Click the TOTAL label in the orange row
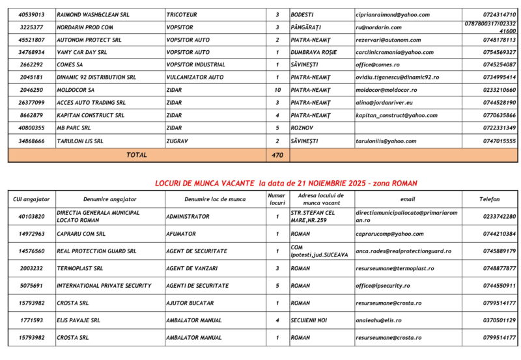tap(137, 155)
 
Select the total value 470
tap(277, 155)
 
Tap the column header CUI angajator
tap(32, 199)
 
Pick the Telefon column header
tap(490, 199)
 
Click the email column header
tap(407, 199)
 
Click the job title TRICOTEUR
tap(182, 14)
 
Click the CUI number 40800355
tap(32, 128)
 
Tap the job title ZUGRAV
tap(177, 141)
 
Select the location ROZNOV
tap(302, 128)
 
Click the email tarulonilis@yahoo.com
tap(386, 141)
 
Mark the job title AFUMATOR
tap(181, 234)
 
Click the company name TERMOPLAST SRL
tap(79, 268)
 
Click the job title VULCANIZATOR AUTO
tap(195, 77)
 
